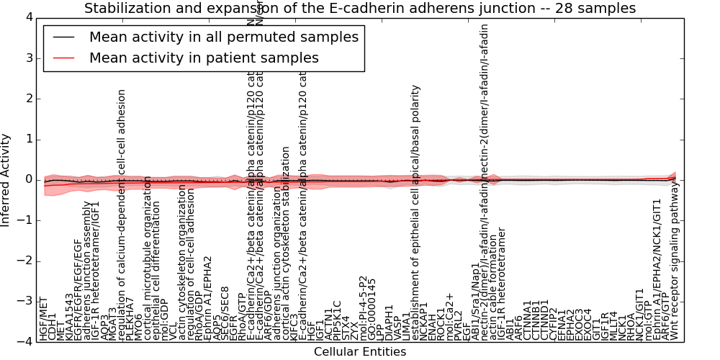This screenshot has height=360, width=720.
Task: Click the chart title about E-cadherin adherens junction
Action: coord(360,9)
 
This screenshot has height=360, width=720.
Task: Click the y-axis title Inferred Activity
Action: coord(6,180)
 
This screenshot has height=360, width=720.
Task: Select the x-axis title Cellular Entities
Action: coord(360,352)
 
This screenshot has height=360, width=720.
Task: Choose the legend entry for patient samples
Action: coord(204,58)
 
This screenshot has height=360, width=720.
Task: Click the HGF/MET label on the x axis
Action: coord(44,318)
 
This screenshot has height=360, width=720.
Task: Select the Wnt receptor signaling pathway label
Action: coord(675,261)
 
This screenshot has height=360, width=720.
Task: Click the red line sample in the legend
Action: coord(63,58)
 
